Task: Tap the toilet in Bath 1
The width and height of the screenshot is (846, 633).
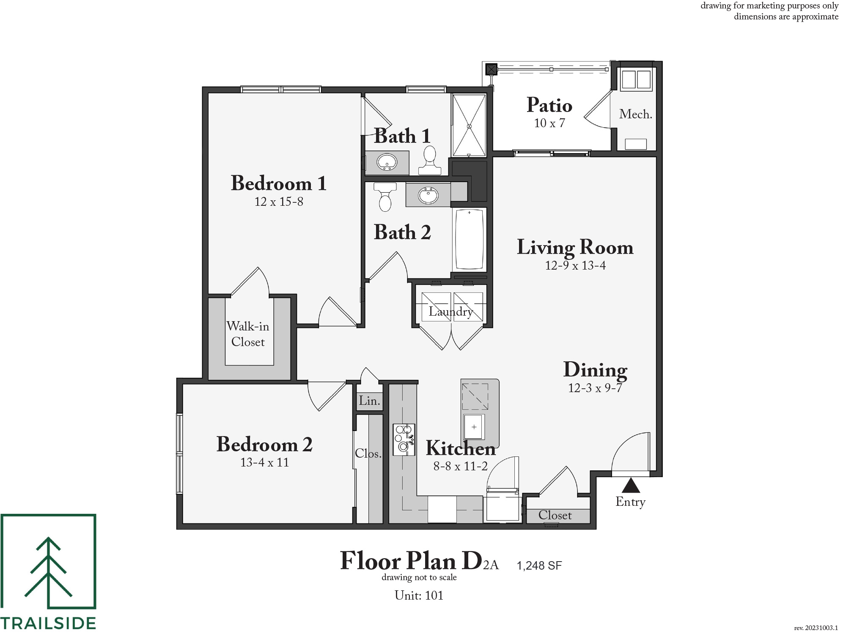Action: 430,161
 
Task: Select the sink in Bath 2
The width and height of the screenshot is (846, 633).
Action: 428,195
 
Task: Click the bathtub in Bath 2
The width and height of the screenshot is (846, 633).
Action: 469,239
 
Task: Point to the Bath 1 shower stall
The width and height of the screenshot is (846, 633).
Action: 469,126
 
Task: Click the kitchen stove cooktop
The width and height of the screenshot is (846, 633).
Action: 404,439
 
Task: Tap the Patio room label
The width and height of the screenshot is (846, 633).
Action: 549,105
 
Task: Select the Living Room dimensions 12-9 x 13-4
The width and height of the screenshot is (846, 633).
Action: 575,265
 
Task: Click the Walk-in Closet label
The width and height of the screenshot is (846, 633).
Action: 248,334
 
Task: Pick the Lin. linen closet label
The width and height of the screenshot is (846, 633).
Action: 369,401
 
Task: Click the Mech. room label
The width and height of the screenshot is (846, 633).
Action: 635,114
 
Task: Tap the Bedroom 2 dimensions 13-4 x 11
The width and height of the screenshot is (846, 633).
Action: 265,462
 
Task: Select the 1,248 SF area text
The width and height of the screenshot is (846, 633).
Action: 539,566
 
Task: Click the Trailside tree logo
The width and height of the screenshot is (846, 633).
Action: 48,561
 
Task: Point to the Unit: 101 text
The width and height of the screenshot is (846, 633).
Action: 419,595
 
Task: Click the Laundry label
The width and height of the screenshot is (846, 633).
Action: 451,312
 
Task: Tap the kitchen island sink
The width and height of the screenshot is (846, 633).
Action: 474,427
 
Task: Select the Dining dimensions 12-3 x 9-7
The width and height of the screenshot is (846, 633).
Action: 595,388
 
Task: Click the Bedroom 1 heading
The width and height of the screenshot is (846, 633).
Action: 279,183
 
